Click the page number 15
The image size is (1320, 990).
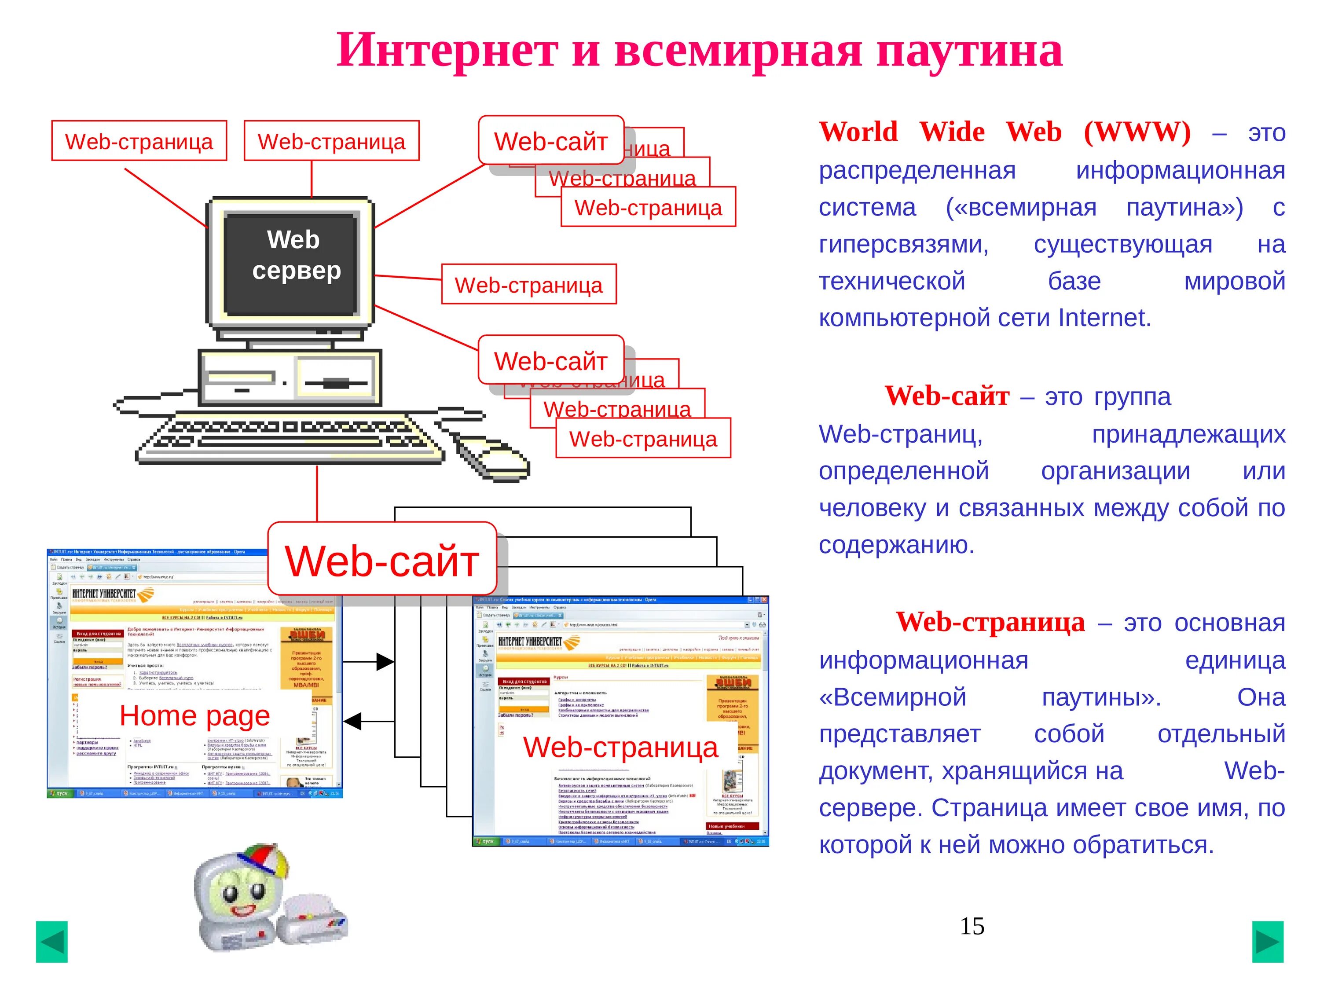click(972, 926)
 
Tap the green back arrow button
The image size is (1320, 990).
click(52, 942)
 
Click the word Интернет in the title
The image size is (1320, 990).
click(447, 51)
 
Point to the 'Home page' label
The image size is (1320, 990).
click(194, 715)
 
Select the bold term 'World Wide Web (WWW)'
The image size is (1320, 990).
click(1005, 132)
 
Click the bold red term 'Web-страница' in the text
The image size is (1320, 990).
click(990, 623)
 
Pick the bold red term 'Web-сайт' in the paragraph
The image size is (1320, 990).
click(946, 396)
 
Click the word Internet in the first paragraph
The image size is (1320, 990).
click(1104, 318)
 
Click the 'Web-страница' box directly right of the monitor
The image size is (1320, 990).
click(529, 285)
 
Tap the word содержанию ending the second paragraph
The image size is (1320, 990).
click(896, 545)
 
